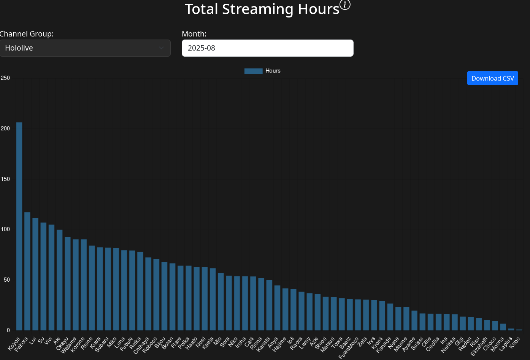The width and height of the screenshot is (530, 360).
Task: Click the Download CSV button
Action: click(492, 78)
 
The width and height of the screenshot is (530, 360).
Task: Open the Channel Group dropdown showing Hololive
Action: click(85, 48)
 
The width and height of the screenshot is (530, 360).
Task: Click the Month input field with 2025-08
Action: click(267, 48)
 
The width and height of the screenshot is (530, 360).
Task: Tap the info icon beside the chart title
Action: click(345, 5)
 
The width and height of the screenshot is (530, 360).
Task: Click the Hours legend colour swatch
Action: click(253, 71)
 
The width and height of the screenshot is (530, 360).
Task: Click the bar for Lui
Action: click(35, 274)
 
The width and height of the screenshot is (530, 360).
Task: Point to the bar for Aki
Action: click(60, 280)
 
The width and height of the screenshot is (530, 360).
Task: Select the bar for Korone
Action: click(84, 285)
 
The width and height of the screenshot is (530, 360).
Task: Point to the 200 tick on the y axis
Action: click(5, 128)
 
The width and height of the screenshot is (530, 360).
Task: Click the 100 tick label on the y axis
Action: click(5, 229)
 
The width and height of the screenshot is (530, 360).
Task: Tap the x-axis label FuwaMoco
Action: click(349, 348)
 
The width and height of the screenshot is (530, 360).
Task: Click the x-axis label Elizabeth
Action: click(479, 347)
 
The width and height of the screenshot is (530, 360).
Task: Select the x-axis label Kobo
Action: click(515, 342)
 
